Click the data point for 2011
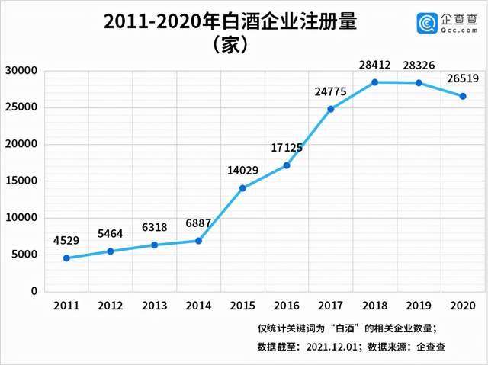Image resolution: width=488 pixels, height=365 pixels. pos(66,258)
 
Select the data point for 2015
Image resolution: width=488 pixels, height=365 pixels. pos(242,188)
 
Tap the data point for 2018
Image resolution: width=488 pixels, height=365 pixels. pos(374,82)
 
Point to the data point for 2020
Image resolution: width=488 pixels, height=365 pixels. pos(462,96)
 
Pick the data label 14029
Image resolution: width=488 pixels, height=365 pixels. pos(242,171)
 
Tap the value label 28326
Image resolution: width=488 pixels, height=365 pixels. pos(419,66)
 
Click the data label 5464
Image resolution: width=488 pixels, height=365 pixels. pos(111,235)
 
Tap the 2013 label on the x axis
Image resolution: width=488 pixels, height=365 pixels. pos(154,306)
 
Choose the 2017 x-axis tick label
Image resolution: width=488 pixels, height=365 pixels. pos(330,306)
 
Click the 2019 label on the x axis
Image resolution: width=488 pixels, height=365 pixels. pos(419,306)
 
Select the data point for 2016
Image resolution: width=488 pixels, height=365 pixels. pos(287,165)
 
